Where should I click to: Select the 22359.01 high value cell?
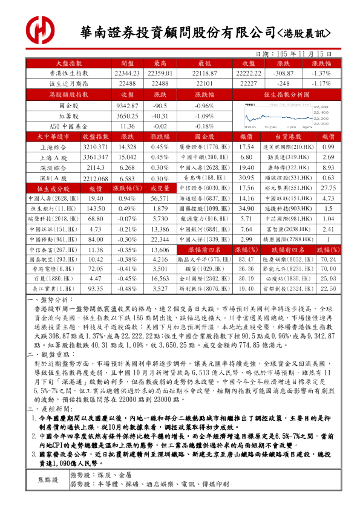(x=160, y=73)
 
